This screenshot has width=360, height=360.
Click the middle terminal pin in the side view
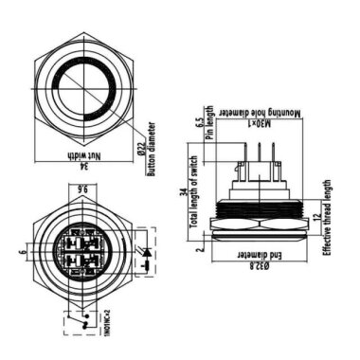pos(258,150)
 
